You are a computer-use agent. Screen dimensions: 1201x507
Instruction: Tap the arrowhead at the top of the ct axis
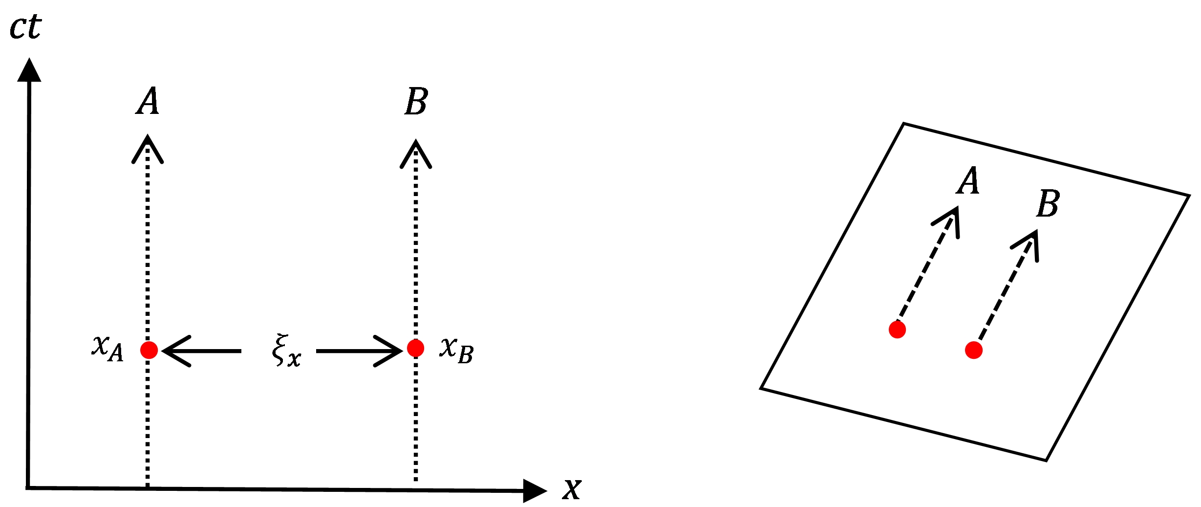coord(29,71)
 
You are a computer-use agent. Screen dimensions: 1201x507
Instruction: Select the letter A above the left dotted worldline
coord(148,101)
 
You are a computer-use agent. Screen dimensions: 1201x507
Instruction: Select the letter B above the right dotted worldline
coord(416,101)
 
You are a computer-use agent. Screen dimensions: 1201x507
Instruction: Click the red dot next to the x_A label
coord(149,350)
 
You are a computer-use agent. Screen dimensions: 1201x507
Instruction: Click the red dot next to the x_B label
coord(415,349)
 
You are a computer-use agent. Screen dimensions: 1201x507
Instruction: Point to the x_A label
coord(108,348)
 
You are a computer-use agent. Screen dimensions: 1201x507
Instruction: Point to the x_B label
coord(456,350)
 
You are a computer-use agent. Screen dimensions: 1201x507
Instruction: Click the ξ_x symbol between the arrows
coord(286,350)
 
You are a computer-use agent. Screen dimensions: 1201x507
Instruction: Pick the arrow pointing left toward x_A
coord(200,351)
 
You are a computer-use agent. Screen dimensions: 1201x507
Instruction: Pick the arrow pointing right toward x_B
coord(360,351)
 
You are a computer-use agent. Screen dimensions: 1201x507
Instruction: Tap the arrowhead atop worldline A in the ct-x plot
coord(148,149)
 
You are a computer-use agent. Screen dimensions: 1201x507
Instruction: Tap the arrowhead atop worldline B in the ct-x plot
coord(416,154)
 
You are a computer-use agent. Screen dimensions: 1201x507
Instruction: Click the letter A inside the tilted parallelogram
coord(968,180)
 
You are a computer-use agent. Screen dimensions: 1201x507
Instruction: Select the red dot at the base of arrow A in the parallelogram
coord(897,330)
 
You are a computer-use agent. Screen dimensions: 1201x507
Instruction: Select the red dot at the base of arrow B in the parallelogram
coord(974,350)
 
